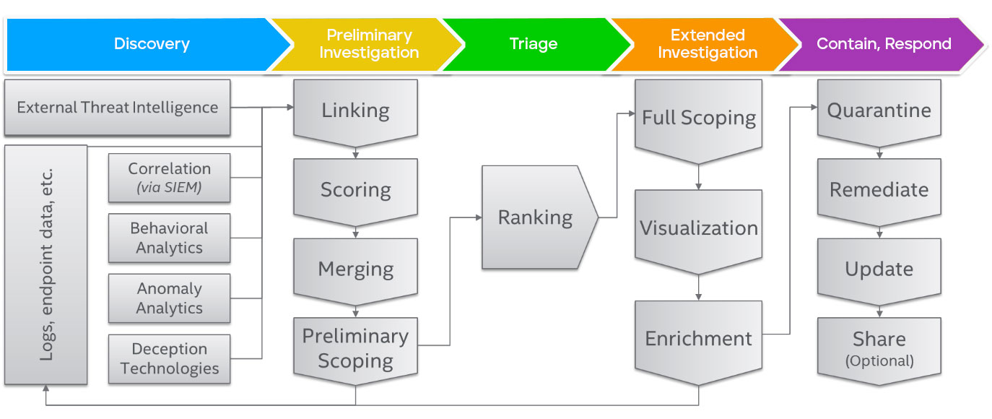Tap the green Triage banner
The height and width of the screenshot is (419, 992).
tap(534, 44)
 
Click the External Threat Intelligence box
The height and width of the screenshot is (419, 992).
tap(118, 108)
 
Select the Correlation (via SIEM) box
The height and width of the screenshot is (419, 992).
tap(169, 178)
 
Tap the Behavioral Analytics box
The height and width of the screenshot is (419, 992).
tap(169, 238)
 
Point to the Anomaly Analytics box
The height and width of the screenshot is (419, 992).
tap(169, 298)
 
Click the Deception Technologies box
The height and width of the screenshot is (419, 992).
tap(169, 359)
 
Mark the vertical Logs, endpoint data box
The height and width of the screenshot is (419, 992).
tap(45, 265)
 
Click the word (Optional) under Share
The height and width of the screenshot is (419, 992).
tap(879, 361)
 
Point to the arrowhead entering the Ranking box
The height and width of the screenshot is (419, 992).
tap(479, 217)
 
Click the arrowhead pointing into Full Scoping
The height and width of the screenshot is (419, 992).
tap(632, 113)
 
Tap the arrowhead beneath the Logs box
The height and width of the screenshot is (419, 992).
tap(45, 389)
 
